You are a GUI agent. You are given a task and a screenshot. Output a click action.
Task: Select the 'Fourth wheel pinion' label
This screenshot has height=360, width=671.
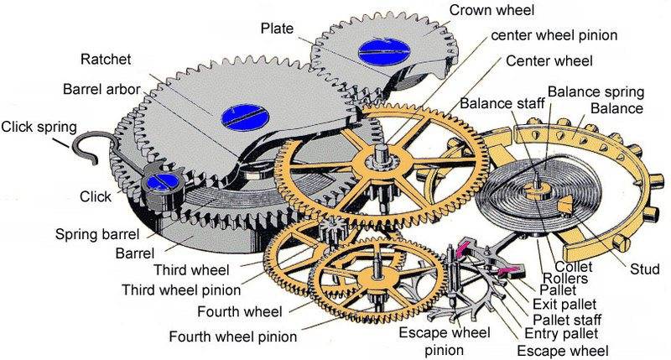[232, 337]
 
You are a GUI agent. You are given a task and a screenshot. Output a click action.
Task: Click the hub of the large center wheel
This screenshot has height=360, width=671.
[382, 159]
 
